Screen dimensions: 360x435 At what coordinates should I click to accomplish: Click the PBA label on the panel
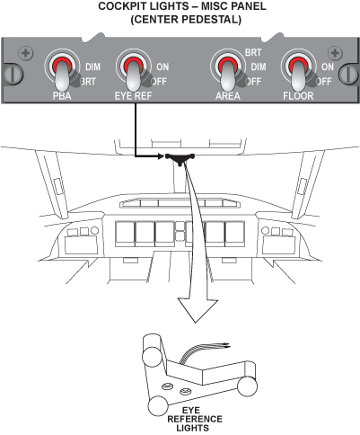(62, 96)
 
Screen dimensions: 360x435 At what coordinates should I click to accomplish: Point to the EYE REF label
(134, 96)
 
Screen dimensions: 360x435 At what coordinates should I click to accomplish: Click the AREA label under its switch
(228, 96)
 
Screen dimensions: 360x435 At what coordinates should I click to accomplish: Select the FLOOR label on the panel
(298, 96)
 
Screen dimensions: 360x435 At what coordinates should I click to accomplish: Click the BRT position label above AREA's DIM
(253, 53)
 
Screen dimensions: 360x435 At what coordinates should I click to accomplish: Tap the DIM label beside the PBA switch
(92, 67)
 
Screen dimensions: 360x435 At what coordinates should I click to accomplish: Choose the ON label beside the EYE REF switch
(162, 67)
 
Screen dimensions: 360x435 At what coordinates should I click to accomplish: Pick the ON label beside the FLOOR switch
(328, 67)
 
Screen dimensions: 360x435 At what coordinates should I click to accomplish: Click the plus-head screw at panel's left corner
(26, 53)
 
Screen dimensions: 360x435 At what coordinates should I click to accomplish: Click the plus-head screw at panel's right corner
(335, 53)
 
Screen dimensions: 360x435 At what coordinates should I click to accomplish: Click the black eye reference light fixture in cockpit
(180, 158)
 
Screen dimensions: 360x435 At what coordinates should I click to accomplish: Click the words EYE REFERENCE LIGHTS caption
(195, 419)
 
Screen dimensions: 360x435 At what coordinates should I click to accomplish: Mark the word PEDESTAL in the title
(210, 20)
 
